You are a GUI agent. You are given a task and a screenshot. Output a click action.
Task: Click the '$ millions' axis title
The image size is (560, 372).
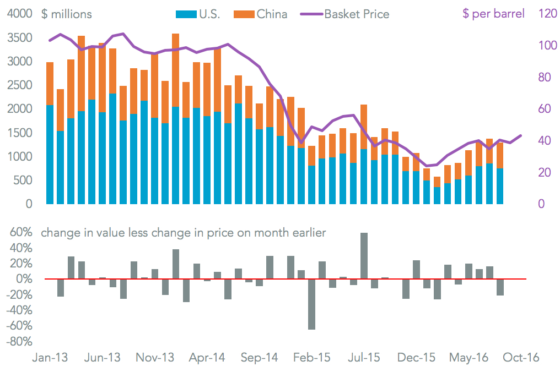pos(67,14)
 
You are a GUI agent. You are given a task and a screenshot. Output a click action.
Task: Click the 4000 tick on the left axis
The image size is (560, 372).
pos(19,14)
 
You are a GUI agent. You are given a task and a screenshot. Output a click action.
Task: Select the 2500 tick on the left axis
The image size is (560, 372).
pos(19,85)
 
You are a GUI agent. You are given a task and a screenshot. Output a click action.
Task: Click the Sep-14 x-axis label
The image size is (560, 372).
pos(260,357)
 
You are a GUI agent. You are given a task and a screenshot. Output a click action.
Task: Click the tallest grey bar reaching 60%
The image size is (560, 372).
pos(364,256)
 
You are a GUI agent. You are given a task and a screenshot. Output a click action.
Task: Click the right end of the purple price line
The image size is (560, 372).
pos(521,135)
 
